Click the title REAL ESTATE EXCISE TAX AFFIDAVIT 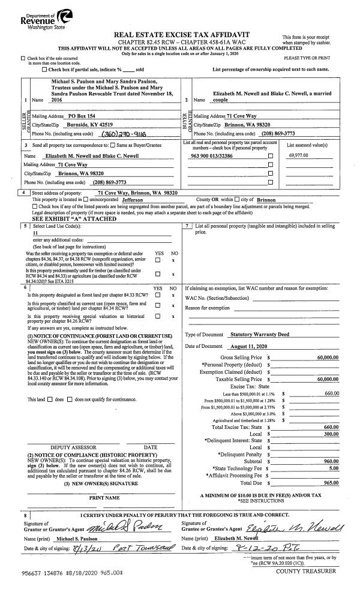179,35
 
